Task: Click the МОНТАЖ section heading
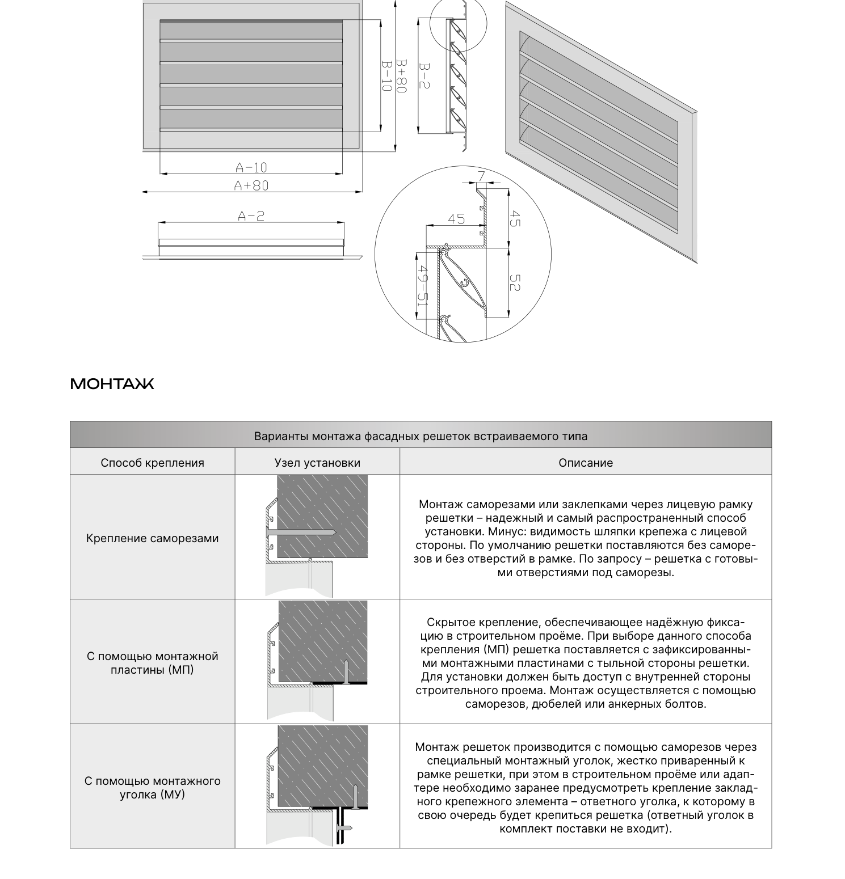click(112, 384)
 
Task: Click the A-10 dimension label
click(251, 167)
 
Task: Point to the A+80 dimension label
click(251, 185)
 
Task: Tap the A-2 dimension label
click(251, 215)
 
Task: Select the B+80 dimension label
click(402, 76)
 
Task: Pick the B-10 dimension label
click(386, 76)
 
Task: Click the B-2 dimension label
click(424, 76)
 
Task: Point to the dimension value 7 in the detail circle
click(481, 176)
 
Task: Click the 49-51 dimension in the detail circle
click(422, 286)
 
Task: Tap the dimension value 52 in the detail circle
click(515, 283)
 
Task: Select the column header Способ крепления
click(152, 463)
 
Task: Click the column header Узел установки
click(317, 463)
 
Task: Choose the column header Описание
click(586, 463)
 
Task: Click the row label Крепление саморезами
click(152, 538)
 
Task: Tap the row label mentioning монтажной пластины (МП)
click(152, 663)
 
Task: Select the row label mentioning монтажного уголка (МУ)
click(152, 788)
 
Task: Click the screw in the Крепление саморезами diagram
click(300, 533)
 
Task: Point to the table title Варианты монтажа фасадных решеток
click(421, 436)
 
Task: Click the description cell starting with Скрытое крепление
click(586, 663)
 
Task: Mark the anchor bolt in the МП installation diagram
click(345, 671)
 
